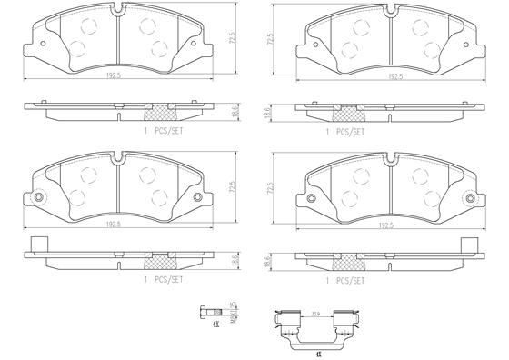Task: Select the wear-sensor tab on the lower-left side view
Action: (37, 245)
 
